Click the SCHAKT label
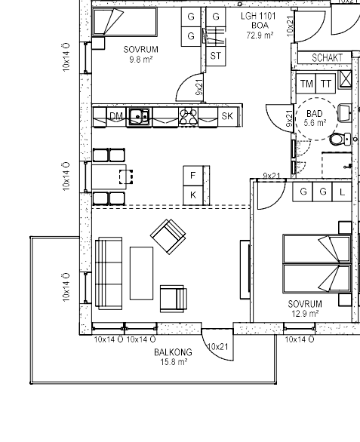[327, 58]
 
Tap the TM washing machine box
[306, 84]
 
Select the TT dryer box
[326, 84]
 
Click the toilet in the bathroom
[340, 140]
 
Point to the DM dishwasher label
[116, 116]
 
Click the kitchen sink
[139, 116]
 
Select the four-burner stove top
[189, 117]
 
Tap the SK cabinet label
[227, 116]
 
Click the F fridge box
[193, 176]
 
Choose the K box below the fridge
[193, 195]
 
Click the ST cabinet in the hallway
[216, 56]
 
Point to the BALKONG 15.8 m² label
[174, 357]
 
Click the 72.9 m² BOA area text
[260, 35]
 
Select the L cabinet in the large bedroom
[342, 192]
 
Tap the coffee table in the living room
[141, 273]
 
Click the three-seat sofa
[109, 273]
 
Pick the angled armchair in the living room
[168, 237]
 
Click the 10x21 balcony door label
[217, 346]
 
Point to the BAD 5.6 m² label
[315, 118]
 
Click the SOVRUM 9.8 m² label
[141, 54]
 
